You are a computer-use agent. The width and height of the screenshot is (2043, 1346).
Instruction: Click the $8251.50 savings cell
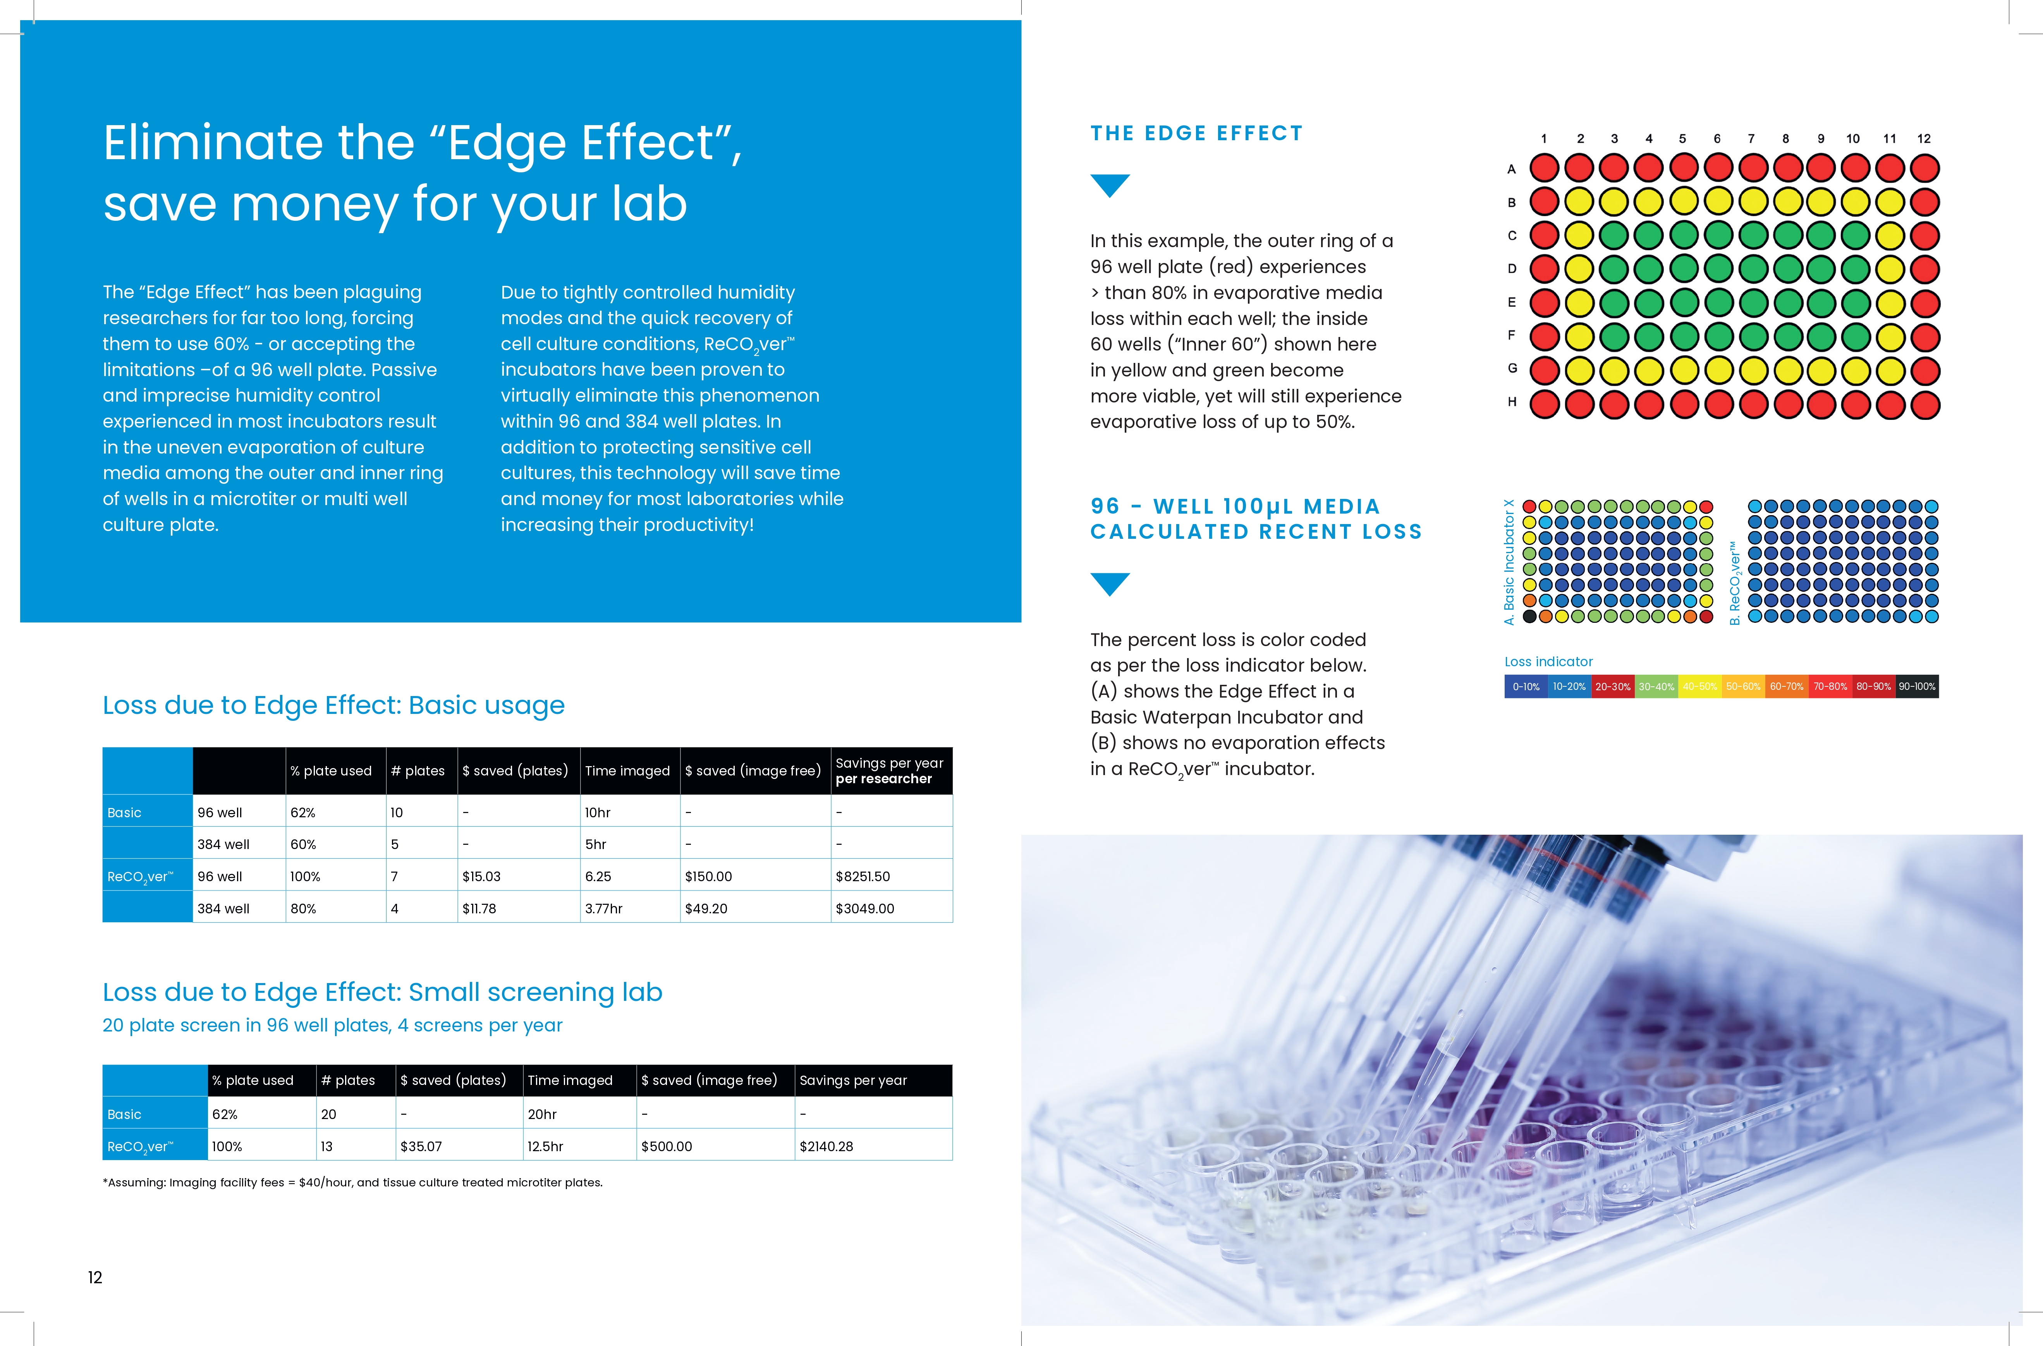(863, 877)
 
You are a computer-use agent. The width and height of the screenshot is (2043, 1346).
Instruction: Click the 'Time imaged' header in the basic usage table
(627, 771)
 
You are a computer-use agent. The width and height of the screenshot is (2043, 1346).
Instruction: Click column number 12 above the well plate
(1924, 138)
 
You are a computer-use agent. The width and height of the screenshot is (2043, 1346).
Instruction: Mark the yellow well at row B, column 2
(1579, 202)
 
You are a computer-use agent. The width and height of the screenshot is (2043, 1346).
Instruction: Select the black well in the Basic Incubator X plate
(1530, 616)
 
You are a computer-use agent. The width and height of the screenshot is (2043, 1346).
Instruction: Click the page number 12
(95, 1277)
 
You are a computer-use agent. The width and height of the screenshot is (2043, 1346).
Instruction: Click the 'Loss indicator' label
(1548, 662)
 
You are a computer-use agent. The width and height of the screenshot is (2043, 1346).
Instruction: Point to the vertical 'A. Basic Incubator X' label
(1509, 562)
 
